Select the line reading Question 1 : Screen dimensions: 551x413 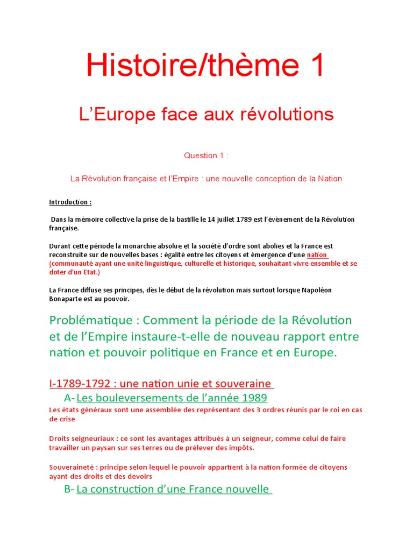tap(206, 156)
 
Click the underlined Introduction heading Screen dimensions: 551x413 tap(70, 202)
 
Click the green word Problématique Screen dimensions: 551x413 tap(90, 320)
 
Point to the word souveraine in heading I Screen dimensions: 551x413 tap(245, 384)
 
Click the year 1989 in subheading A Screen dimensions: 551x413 tap(254, 398)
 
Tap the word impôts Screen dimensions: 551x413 tap(241, 448)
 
